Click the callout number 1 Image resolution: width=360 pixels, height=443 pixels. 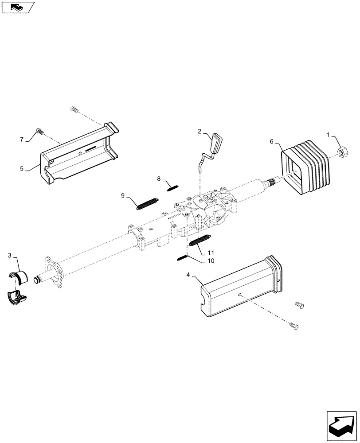[x=329, y=135]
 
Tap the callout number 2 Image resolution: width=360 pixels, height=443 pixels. [x=200, y=132]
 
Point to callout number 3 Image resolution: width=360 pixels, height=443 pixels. [x=10, y=256]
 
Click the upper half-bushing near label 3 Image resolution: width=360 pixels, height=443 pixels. [x=17, y=275]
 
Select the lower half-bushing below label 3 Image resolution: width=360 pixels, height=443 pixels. [x=17, y=298]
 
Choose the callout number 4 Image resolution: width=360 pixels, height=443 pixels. [x=188, y=275]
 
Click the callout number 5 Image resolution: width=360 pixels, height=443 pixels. [x=22, y=168]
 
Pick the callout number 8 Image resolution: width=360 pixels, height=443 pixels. [x=158, y=179]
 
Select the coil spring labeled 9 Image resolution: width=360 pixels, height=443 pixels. [x=146, y=203]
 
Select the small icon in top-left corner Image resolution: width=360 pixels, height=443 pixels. [x=18, y=7]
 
